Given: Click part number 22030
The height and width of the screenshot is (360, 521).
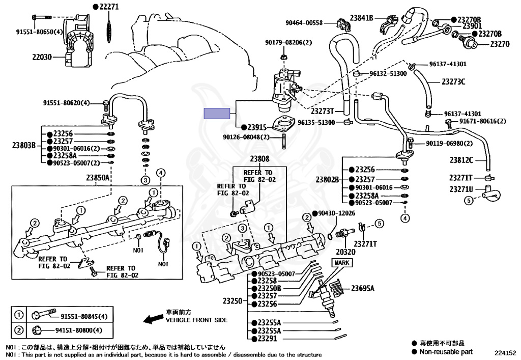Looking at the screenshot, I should pos(42,58).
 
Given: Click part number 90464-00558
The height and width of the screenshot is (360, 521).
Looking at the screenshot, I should pos(304,22).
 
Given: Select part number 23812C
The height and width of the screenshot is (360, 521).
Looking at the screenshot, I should pos(461,160).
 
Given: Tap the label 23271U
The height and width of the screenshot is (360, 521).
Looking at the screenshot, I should pos(461,189).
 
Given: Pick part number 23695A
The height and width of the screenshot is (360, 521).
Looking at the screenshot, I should pos(362,289).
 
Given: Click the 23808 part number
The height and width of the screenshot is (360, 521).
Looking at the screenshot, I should pos(259,159).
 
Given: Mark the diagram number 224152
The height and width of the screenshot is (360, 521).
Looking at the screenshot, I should pos(505,352).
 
